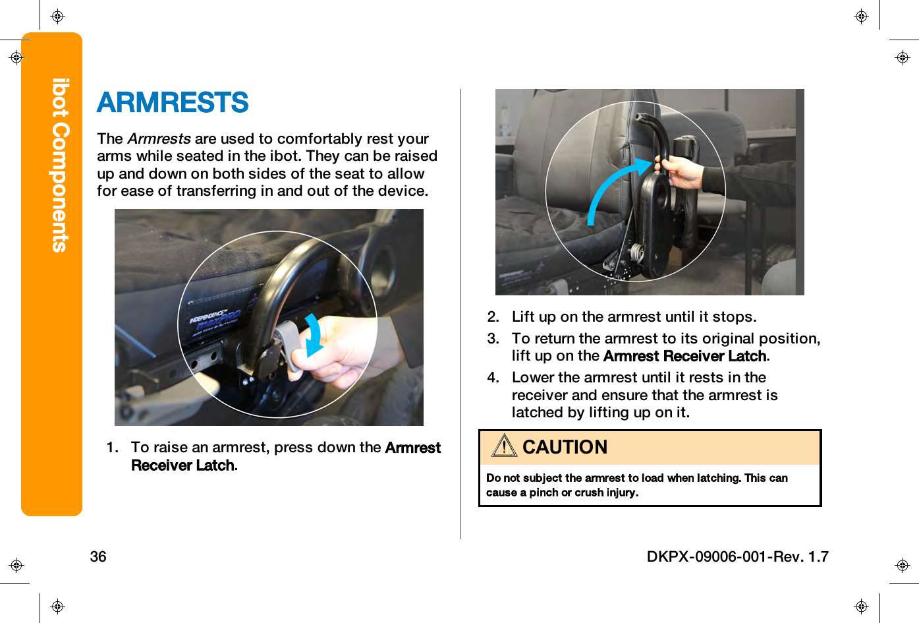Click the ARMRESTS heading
pyautogui.click(x=173, y=103)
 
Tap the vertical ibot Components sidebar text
pyautogui.click(x=60, y=165)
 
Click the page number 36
pyautogui.click(x=98, y=556)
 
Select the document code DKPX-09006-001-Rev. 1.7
pyautogui.click(x=737, y=556)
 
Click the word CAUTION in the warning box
pyautogui.click(x=565, y=447)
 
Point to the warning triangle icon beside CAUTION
pyautogui.click(x=504, y=446)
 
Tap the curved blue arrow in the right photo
pyautogui.click(x=613, y=188)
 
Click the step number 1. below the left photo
pyautogui.click(x=113, y=448)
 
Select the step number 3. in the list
pyautogui.click(x=493, y=339)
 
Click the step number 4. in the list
pyautogui.click(x=493, y=378)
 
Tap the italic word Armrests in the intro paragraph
pyautogui.click(x=159, y=138)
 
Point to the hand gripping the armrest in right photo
pyautogui.click(x=682, y=172)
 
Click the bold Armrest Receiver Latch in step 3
pyautogui.click(x=685, y=356)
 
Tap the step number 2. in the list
pyautogui.click(x=493, y=317)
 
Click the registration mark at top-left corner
pyautogui.click(x=57, y=16)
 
